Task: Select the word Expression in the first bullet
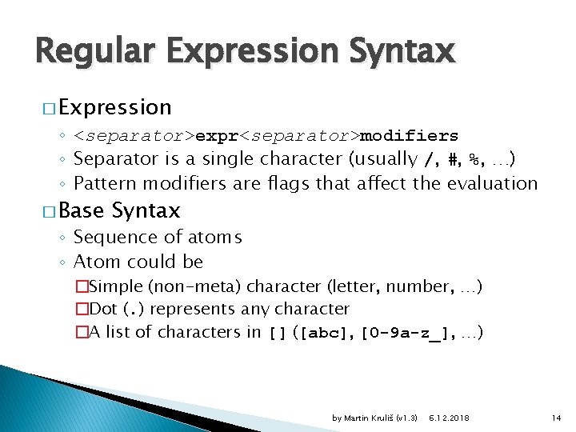click(114, 107)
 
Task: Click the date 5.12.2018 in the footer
click(450, 418)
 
